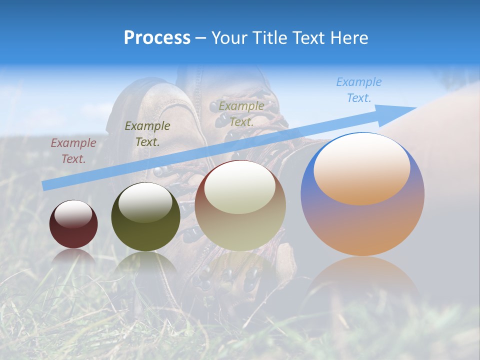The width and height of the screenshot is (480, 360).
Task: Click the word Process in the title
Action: click(157, 38)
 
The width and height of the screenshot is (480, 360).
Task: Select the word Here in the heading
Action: click(349, 38)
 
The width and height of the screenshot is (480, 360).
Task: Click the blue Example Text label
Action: click(359, 90)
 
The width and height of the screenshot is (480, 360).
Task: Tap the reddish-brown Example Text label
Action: click(73, 151)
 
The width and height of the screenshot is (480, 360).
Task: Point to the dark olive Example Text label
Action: click(147, 133)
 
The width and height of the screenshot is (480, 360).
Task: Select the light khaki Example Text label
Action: click(241, 113)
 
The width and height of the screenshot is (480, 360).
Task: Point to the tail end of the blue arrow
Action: click(46, 185)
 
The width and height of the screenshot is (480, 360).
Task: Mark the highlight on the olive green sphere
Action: click(145, 202)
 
